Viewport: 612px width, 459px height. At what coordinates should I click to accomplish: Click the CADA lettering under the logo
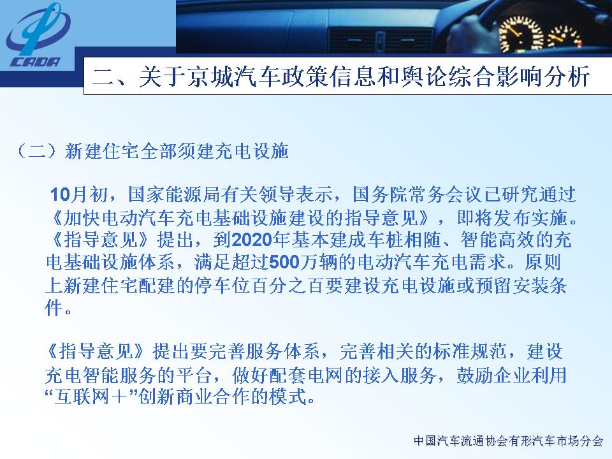pyautogui.click(x=36, y=62)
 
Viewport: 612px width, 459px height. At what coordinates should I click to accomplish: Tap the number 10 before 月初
pyautogui.click(x=60, y=194)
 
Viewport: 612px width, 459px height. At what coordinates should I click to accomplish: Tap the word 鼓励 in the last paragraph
pyautogui.click(x=474, y=375)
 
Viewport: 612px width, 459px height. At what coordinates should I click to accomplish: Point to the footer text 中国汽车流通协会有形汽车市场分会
pyautogui.click(x=509, y=441)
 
